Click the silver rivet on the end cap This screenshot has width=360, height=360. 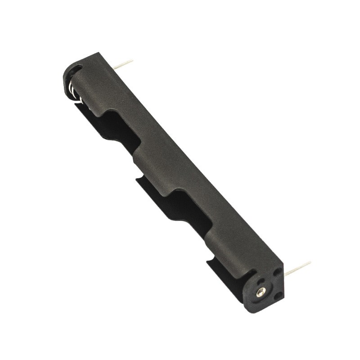pyautogui.click(x=261, y=292)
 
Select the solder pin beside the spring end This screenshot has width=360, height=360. pyautogui.click(x=122, y=64)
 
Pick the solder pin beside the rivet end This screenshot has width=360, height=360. pyautogui.click(x=297, y=268)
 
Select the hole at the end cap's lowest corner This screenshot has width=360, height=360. pyautogui.click(x=278, y=295)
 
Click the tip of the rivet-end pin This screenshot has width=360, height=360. pyautogui.click(x=310, y=263)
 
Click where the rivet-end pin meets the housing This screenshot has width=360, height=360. pyautogui.click(x=285, y=273)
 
